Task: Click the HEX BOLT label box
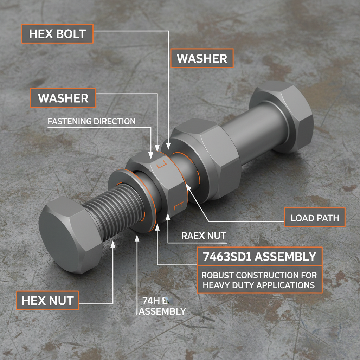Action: [x=57, y=34]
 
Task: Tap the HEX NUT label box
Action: [x=47, y=301]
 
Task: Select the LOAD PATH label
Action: [x=315, y=218]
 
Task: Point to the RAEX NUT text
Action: [x=203, y=236]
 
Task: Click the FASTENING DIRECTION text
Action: [x=91, y=121]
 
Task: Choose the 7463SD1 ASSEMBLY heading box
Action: [x=259, y=256]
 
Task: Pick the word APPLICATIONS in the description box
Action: [x=286, y=285]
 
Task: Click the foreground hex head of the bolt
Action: [x=67, y=236]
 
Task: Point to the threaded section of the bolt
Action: [x=116, y=211]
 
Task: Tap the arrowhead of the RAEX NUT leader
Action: [x=168, y=218]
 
